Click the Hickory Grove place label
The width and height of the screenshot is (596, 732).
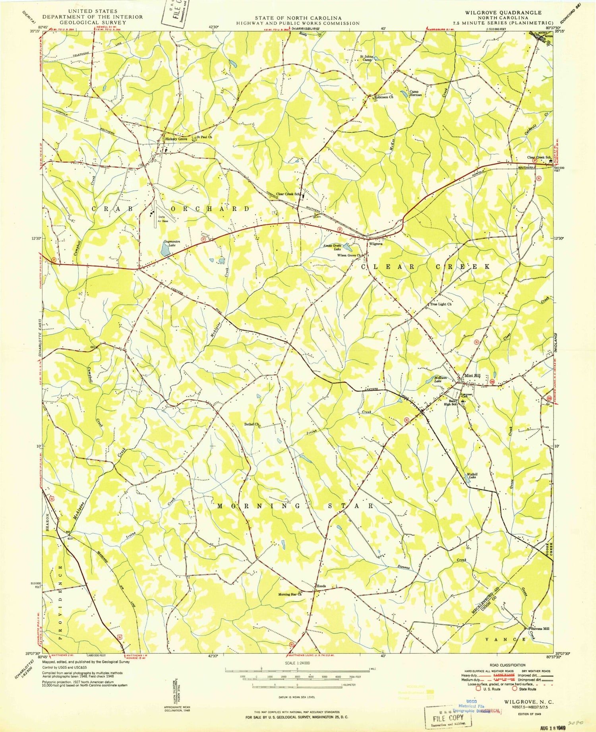[176, 139]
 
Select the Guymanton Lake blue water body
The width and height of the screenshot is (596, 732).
[164, 250]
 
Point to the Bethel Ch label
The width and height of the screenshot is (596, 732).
[252, 424]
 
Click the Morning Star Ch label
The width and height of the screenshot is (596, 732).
[290, 595]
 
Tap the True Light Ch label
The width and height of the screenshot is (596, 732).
[441, 304]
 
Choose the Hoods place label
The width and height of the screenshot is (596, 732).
[321, 586]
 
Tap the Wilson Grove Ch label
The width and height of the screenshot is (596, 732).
[348, 255]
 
